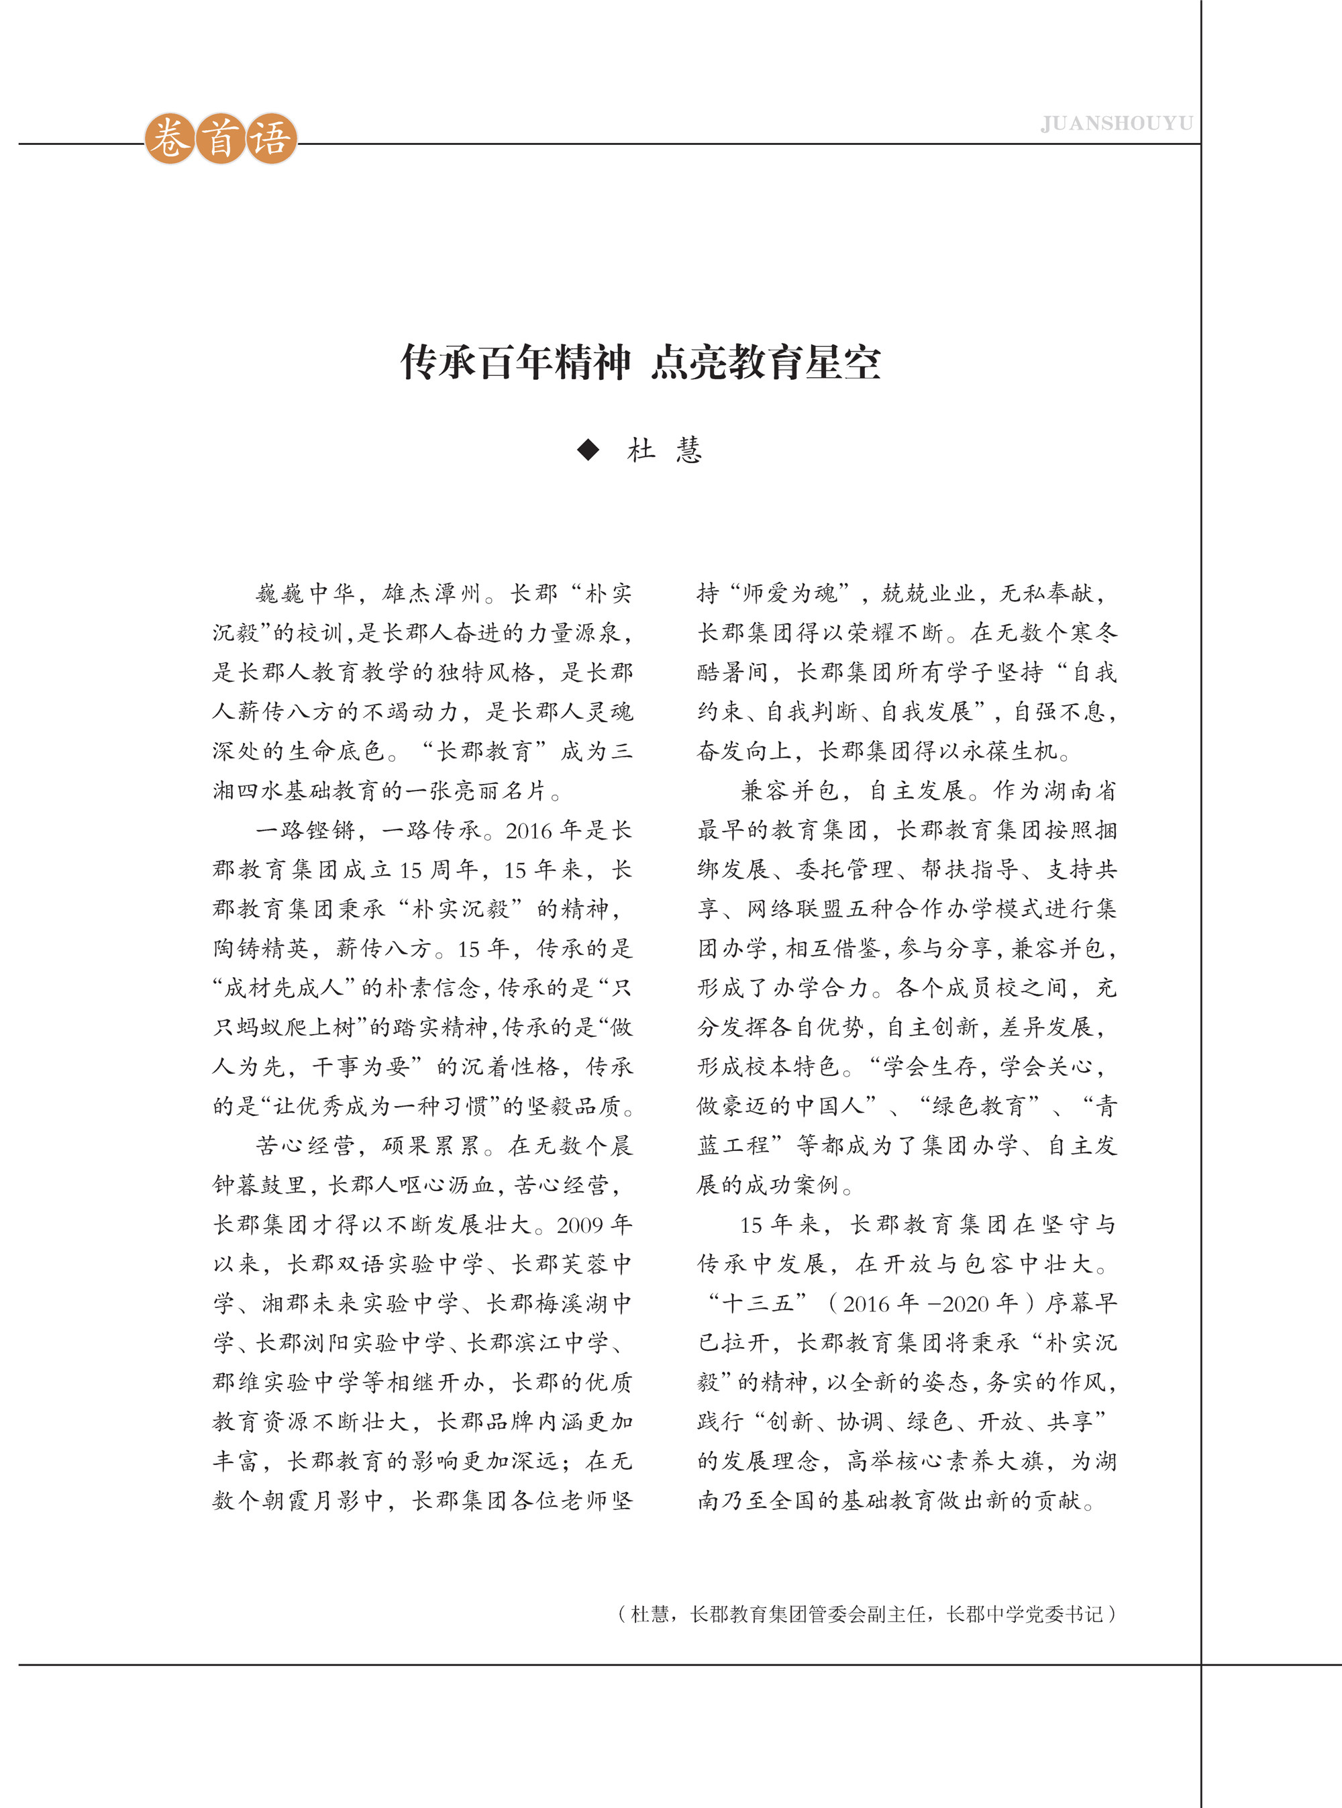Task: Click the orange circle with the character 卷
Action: coord(169,139)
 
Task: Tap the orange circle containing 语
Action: coord(270,139)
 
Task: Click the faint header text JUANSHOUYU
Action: coord(1116,123)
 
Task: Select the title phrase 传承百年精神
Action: coord(515,362)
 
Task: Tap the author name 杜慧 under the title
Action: coord(664,450)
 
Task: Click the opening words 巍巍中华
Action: coord(305,594)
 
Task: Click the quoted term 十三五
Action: coord(757,1303)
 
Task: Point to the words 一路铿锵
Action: coord(305,830)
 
